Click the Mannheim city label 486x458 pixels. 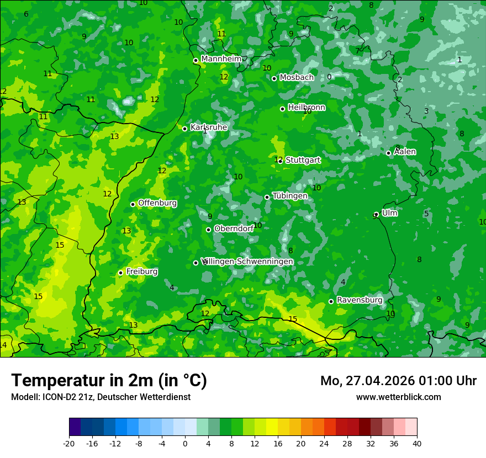click(x=221, y=59)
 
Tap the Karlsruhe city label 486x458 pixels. click(x=209, y=127)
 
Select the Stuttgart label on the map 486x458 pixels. click(x=303, y=160)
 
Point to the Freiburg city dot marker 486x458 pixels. click(x=120, y=273)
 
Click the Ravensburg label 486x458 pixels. click(x=359, y=300)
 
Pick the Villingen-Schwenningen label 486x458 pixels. click(x=247, y=262)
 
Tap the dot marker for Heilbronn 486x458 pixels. click(x=283, y=109)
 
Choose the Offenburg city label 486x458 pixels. click(x=157, y=203)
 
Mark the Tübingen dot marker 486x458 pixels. click(x=267, y=197)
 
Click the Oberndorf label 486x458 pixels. click(x=234, y=228)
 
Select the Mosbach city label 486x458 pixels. click(x=296, y=78)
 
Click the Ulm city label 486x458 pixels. click(x=389, y=213)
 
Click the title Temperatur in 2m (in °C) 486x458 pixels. click(x=109, y=380)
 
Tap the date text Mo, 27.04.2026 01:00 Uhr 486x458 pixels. click(x=398, y=381)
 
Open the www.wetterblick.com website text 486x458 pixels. click(x=398, y=397)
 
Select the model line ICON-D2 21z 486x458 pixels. click(x=101, y=397)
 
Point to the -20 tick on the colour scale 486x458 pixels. click(x=69, y=443)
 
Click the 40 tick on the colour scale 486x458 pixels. click(x=416, y=443)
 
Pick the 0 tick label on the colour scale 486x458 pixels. click(x=185, y=443)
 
